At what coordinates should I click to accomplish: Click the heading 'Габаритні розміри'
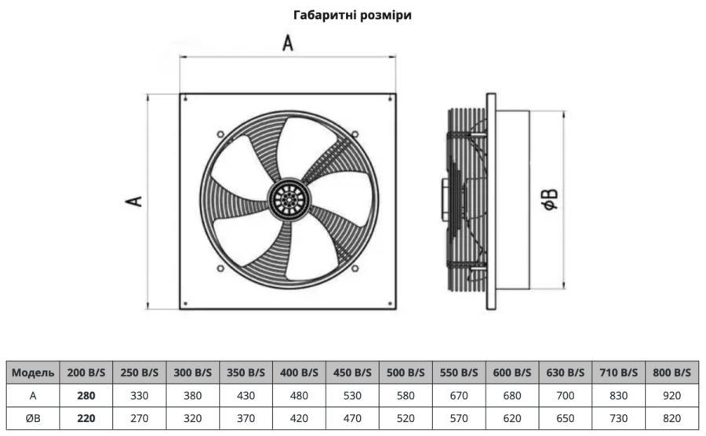pyautogui.click(x=352, y=15)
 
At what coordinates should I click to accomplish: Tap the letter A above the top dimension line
pyautogui.click(x=288, y=43)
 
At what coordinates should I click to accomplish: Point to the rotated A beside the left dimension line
pyautogui.click(x=133, y=201)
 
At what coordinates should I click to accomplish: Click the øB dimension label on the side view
pyautogui.click(x=549, y=199)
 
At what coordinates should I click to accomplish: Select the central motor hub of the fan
pyautogui.click(x=289, y=198)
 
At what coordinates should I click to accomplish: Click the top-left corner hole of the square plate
pyautogui.click(x=185, y=99)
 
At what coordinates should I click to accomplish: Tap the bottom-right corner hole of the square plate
pyautogui.click(x=390, y=303)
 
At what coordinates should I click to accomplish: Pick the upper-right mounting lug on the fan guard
pyautogui.click(x=355, y=133)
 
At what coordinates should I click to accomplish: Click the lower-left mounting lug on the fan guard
pyautogui.click(x=220, y=268)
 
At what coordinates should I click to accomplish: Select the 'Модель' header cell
pyautogui.click(x=33, y=372)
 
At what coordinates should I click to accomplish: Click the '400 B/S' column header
pyautogui.click(x=299, y=372)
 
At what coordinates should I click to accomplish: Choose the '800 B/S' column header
pyautogui.click(x=671, y=372)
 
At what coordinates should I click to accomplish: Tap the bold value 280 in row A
pyautogui.click(x=86, y=396)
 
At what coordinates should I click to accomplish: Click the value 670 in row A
pyautogui.click(x=459, y=396)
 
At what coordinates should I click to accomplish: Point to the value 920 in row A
pyautogui.click(x=671, y=396)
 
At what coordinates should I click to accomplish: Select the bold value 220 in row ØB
pyautogui.click(x=86, y=419)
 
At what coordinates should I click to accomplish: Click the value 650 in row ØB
pyautogui.click(x=565, y=419)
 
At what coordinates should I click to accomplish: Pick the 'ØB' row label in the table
pyautogui.click(x=33, y=419)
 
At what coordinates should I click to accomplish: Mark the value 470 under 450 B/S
pyautogui.click(x=352, y=419)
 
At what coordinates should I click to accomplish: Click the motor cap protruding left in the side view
pyautogui.click(x=445, y=199)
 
